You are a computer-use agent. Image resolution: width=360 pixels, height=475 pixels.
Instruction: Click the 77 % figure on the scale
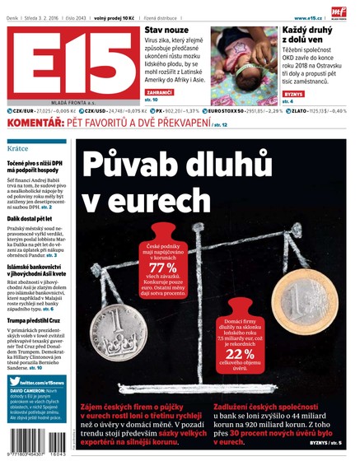pos(162,268)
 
